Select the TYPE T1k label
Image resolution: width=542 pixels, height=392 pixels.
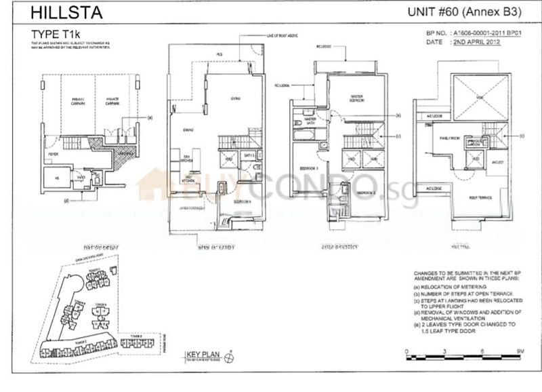click(56, 33)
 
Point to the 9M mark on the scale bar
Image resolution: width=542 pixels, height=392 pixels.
click(518, 351)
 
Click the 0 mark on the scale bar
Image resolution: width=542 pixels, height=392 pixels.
click(406, 351)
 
